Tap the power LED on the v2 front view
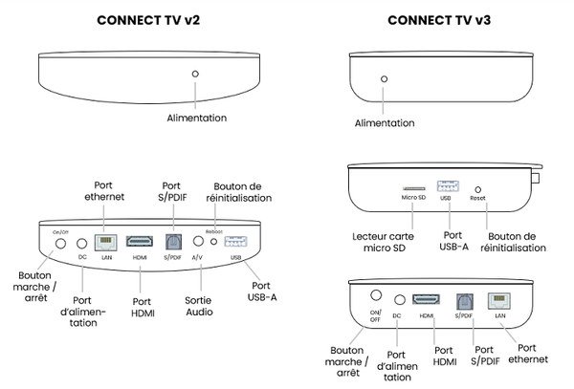[x=195, y=74]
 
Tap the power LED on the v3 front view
[x=385, y=79]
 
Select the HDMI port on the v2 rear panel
[x=141, y=243]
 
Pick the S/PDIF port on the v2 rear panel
[x=173, y=243]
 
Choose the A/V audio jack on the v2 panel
[x=199, y=242]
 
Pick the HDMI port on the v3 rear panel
[x=426, y=300]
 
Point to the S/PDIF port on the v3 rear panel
[x=464, y=300]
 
